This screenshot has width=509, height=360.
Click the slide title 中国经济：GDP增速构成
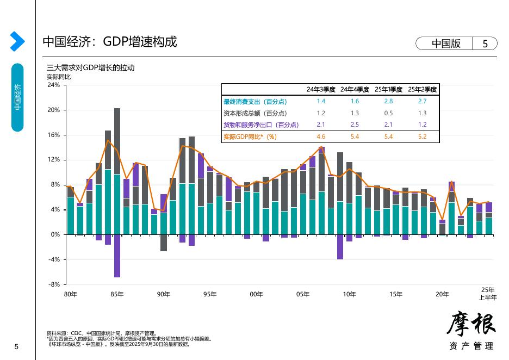pyautogui.click(x=110, y=42)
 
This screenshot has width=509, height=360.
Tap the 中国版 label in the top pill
pyautogui.click(x=446, y=44)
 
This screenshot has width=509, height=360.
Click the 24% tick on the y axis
pyautogui.click(x=54, y=85)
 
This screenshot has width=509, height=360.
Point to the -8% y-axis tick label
pyautogui.click(x=54, y=284)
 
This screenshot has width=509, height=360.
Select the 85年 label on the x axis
pyautogui.click(x=117, y=294)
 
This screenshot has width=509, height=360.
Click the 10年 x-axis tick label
pyautogui.click(x=349, y=294)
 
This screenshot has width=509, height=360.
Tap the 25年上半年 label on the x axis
pyautogui.click(x=488, y=294)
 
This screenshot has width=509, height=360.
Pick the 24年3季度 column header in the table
pyautogui.click(x=321, y=90)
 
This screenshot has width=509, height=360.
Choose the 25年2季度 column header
pyautogui.click(x=423, y=90)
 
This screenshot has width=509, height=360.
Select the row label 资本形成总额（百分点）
pyautogui.click(x=255, y=113)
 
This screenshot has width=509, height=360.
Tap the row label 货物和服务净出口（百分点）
pyautogui.click(x=261, y=125)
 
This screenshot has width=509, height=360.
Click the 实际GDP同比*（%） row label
pyautogui.click(x=250, y=136)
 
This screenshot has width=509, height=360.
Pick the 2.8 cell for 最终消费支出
pyautogui.click(x=388, y=102)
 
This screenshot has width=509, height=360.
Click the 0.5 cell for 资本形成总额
pyautogui.click(x=388, y=113)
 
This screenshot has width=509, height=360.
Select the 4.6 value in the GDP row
pyautogui.click(x=321, y=136)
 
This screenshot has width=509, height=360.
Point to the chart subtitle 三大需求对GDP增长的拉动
pyautogui.click(x=90, y=68)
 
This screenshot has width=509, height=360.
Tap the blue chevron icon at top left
pyautogui.click(x=17, y=41)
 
